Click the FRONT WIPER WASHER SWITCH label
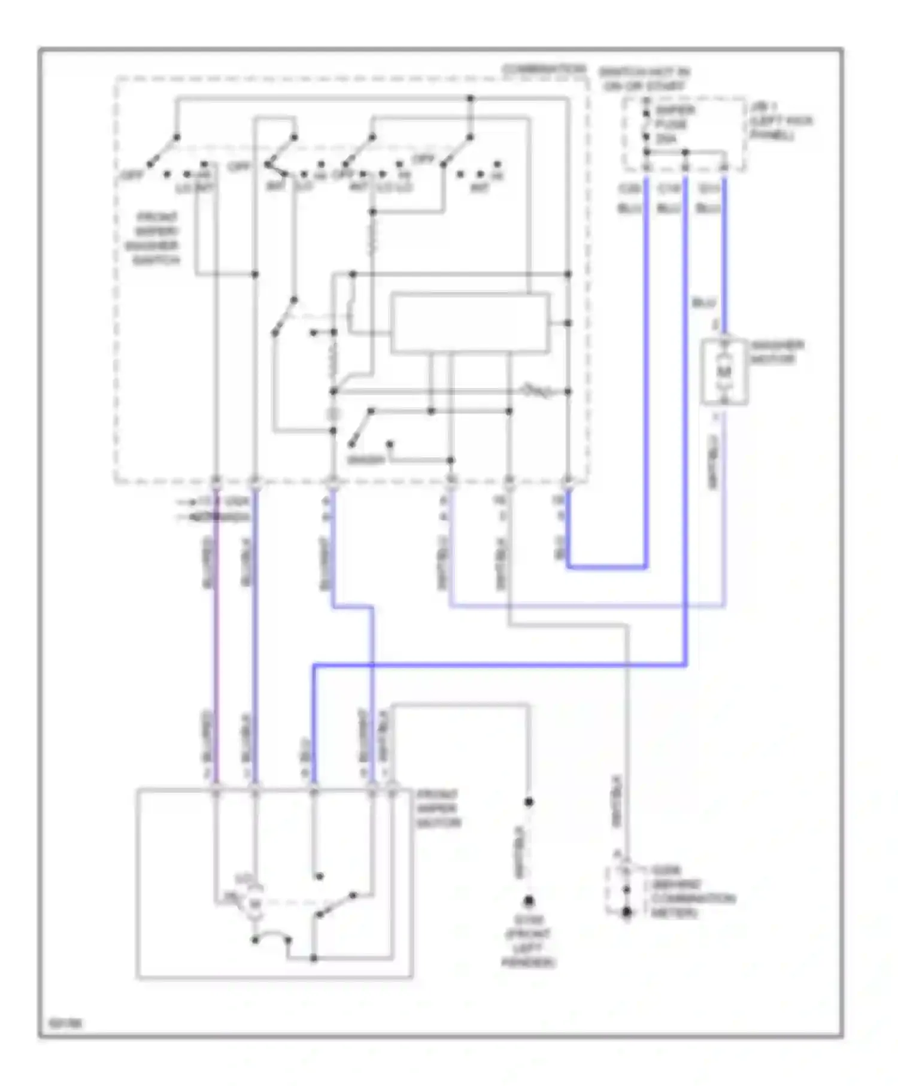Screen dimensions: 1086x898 coord(155,238)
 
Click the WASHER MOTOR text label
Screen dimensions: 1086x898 coord(776,352)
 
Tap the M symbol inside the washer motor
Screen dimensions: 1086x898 coord(724,372)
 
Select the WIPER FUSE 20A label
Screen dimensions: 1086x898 coord(674,124)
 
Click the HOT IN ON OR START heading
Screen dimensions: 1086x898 coord(645,79)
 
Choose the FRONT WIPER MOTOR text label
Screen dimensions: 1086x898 coord(438,809)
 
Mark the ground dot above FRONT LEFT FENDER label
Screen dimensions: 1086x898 coord(529,900)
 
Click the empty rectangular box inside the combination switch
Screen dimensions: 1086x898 coord(470,323)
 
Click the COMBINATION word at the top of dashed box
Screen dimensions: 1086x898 coord(544,69)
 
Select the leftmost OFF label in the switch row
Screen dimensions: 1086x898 coord(131,175)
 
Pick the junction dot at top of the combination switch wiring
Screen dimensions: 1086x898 coord(470,98)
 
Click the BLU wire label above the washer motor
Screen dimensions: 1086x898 coord(703,303)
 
